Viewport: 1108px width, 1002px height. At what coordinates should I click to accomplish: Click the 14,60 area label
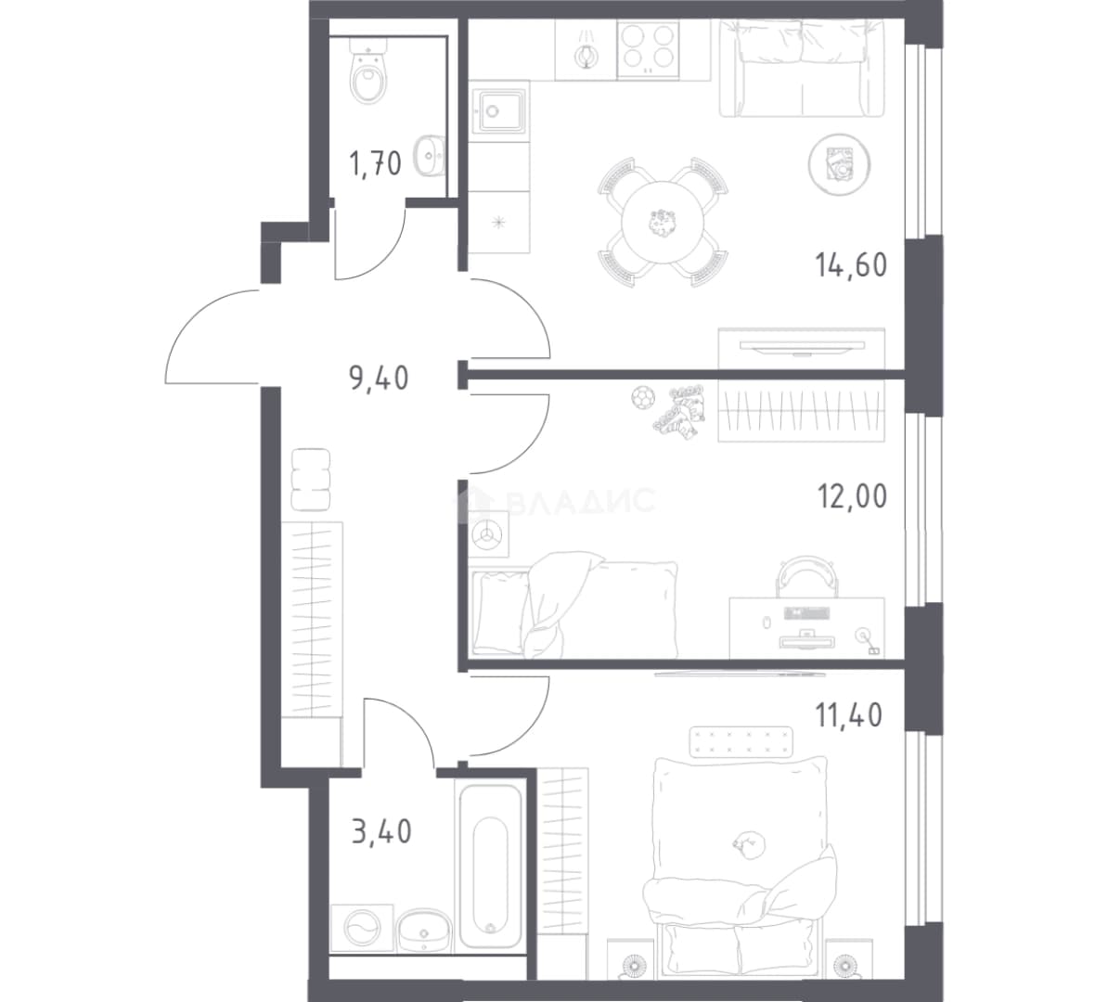(x=851, y=265)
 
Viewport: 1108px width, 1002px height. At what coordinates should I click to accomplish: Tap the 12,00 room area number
(x=852, y=496)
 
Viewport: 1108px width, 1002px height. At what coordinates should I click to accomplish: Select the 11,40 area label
(x=849, y=715)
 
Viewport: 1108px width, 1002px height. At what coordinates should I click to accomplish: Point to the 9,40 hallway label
(x=379, y=378)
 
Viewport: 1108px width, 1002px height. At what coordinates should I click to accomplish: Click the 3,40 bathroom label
(x=381, y=831)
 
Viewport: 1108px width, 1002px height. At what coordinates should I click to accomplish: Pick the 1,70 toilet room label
(x=375, y=164)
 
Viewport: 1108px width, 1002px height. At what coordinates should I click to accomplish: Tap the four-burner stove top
(x=648, y=49)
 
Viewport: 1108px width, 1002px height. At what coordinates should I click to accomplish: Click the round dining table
(x=663, y=223)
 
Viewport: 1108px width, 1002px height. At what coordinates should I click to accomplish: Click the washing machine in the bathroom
(x=361, y=927)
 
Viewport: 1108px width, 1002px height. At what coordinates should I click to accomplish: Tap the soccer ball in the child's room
(x=642, y=399)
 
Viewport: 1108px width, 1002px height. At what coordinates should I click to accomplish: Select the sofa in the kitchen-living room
(x=802, y=68)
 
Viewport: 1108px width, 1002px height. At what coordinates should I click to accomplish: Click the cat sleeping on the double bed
(x=745, y=842)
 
